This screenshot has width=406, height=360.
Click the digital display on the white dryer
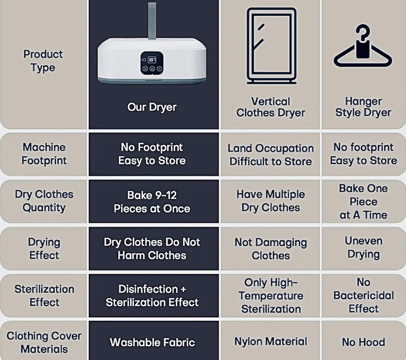(x=152, y=60)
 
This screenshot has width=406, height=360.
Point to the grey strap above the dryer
(x=152, y=21)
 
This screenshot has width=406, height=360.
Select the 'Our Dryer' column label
(x=152, y=107)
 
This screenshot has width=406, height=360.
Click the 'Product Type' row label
(x=43, y=61)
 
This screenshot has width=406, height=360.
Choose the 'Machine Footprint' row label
(x=44, y=154)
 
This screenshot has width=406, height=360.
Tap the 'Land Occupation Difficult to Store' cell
(x=271, y=155)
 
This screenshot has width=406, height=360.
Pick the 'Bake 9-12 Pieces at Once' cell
(x=152, y=202)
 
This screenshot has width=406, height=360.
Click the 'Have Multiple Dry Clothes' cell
(x=271, y=201)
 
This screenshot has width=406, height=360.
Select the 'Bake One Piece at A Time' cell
(x=363, y=202)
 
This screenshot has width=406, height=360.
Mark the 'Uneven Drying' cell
(x=363, y=248)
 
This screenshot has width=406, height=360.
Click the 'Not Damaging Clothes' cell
(x=271, y=249)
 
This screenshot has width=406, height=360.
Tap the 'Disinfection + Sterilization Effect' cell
(x=152, y=295)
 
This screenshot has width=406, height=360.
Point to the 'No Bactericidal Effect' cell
(x=363, y=295)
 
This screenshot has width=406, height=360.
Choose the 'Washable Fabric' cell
(x=152, y=342)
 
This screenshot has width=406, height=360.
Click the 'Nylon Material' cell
(x=271, y=342)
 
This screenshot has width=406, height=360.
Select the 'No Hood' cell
(x=363, y=342)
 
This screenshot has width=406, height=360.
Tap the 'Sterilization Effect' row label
(x=44, y=295)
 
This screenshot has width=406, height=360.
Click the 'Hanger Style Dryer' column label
(x=363, y=107)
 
